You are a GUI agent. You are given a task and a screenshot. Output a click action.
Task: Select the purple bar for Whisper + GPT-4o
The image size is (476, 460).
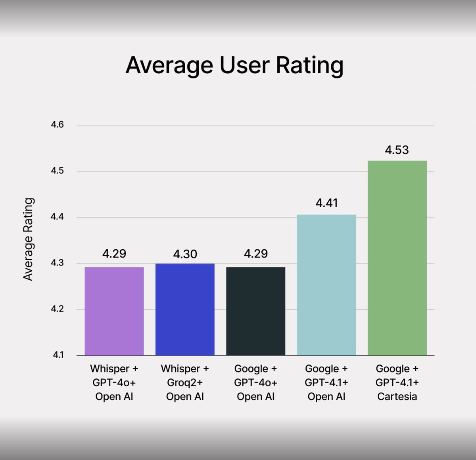[x=114, y=311]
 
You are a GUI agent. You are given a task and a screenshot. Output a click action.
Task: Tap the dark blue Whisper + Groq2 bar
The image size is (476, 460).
[x=185, y=309]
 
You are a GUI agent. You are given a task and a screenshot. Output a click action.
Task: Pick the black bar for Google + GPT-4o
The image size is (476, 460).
[x=255, y=311]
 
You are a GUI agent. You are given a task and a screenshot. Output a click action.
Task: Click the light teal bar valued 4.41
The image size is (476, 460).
[x=326, y=285]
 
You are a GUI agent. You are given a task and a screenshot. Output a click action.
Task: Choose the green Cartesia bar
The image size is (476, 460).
[x=397, y=258]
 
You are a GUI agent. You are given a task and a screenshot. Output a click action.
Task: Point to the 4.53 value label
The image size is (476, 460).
[x=397, y=150]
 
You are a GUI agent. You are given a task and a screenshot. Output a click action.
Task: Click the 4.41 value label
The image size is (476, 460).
[x=326, y=203]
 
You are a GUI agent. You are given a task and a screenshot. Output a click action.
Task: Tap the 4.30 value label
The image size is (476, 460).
[x=185, y=254]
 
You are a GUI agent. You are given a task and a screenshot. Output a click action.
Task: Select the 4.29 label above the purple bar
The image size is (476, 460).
[x=114, y=254]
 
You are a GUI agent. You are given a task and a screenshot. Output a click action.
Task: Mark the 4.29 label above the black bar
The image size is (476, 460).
[x=255, y=254]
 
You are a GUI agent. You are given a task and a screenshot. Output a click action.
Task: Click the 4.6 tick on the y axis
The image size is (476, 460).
[x=57, y=125]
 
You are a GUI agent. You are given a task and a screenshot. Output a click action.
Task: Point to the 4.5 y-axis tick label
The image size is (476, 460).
[x=57, y=171]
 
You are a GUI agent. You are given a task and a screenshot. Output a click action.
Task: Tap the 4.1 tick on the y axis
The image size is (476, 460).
[x=58, y=355]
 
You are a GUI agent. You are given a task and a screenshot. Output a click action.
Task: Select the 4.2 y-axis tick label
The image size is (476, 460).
[x=57, y=309]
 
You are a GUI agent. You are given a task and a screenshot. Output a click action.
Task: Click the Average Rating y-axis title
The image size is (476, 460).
[x=28, y=239]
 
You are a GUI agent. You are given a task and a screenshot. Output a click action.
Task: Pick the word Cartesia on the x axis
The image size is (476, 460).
[x=397, y=397]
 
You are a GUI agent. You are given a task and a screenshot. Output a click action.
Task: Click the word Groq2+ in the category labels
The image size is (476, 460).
[x=185, y=383]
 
